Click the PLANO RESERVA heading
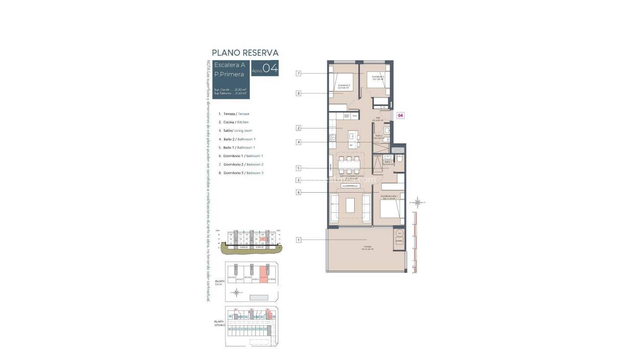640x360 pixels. pos(245,53)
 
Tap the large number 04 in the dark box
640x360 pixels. pos(270,68)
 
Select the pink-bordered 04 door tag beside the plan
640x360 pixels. pos(401,115)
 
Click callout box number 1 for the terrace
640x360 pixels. pos(298,240)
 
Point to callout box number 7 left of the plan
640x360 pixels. pos(298,73)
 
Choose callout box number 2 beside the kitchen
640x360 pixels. pos(298,128)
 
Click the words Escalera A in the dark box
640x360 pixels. pos(230,65)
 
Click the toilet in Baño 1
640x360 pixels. pos(399,160)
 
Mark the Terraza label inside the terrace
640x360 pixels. pos(367,247)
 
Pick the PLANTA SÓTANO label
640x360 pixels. pos(220,323)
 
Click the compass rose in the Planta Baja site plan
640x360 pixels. pos(237,293)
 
